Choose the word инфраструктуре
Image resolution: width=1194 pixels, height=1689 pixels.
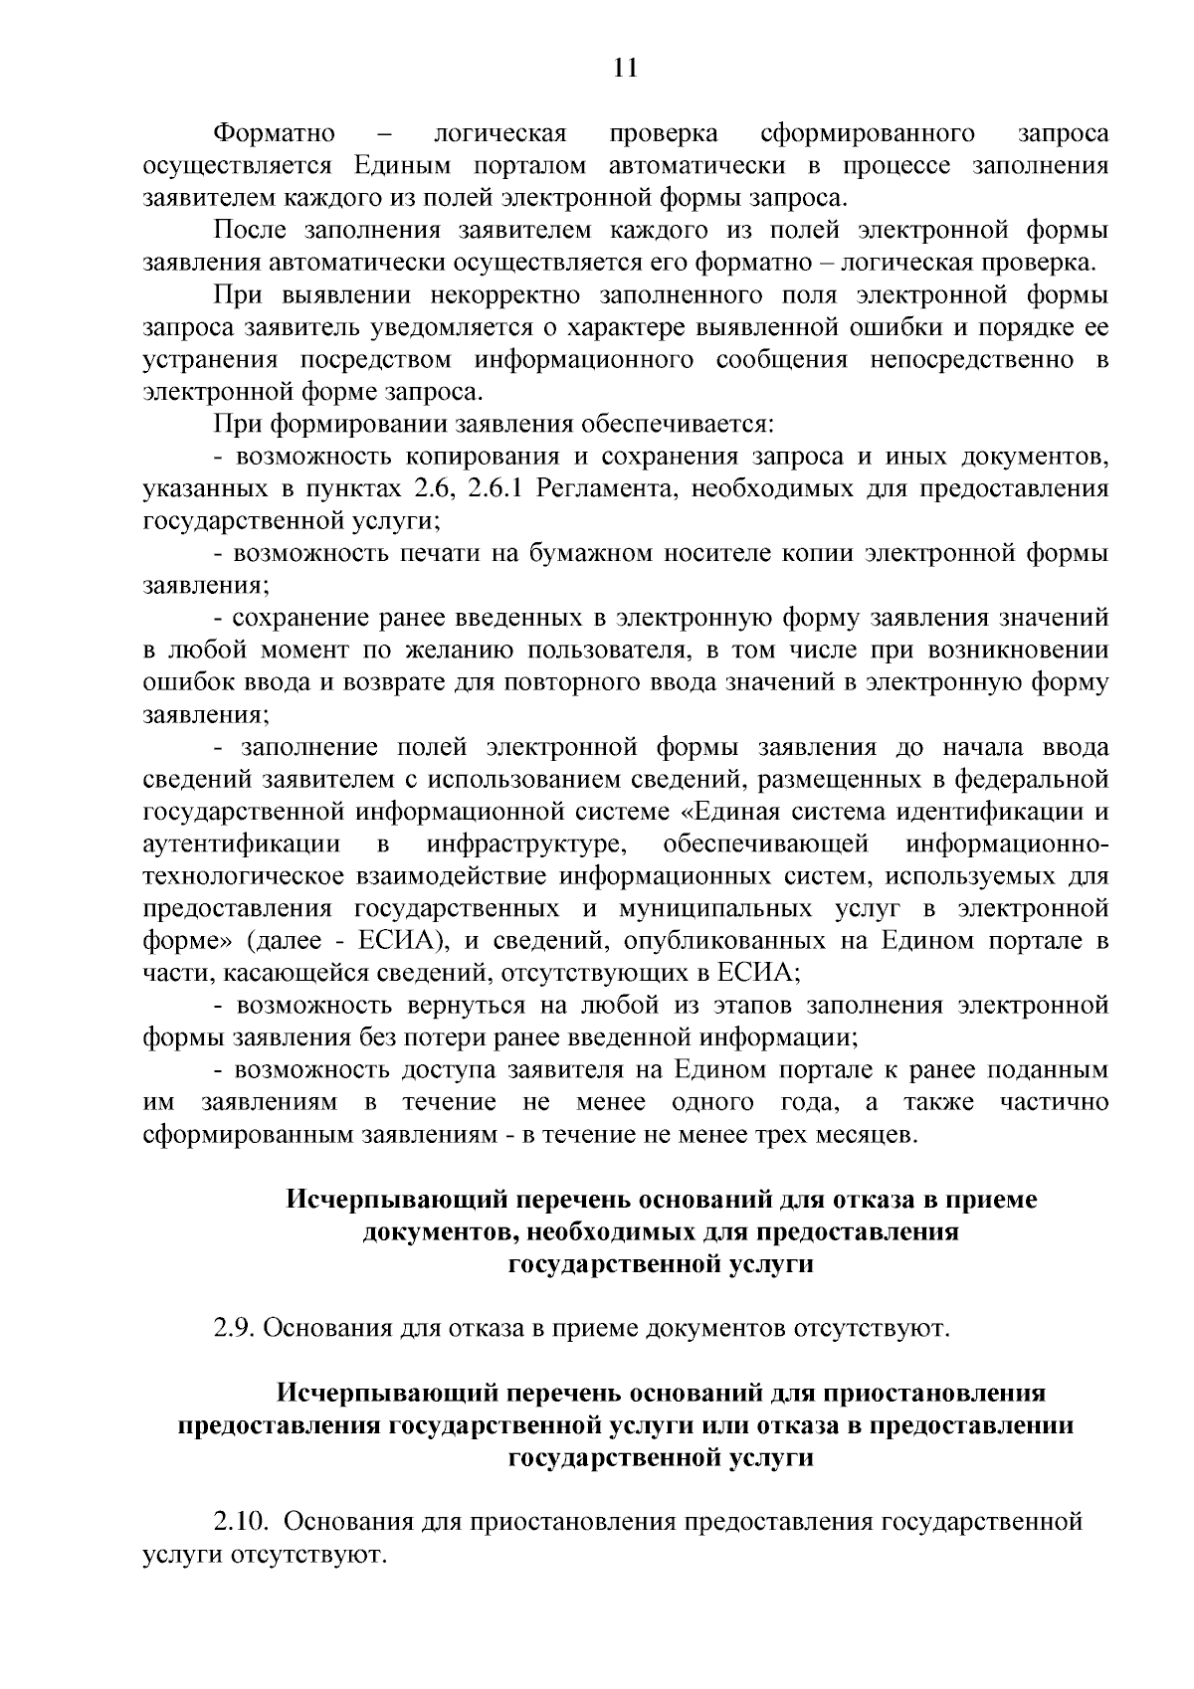click(526, 844)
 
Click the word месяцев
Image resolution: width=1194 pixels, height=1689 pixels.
click(860, 1134)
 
